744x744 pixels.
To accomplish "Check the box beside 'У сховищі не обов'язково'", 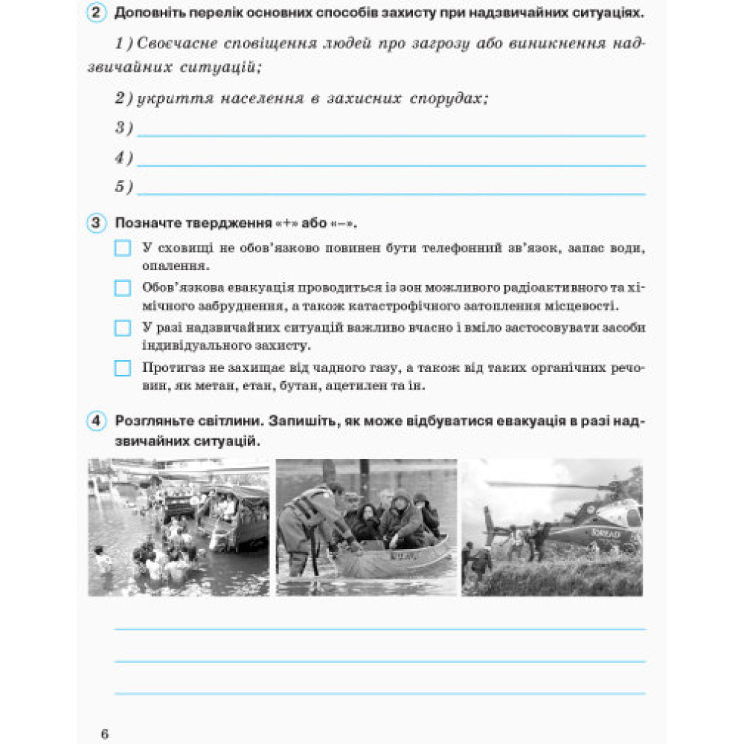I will (123, 248).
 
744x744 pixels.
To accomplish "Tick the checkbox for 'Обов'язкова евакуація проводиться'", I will (123, 288).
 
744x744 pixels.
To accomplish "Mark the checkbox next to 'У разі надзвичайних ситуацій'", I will (123, 328).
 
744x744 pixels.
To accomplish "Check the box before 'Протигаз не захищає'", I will (123, 368).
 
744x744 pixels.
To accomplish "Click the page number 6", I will (105, 734).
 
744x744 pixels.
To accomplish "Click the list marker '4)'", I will (124, 158).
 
